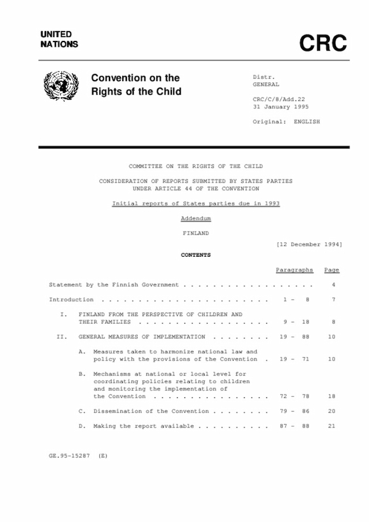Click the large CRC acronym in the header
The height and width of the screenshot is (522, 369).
(323, 43)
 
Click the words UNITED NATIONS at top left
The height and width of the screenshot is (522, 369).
(59, 39)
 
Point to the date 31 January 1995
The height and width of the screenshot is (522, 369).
(281, 107)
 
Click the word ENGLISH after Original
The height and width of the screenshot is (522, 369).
(307, 122)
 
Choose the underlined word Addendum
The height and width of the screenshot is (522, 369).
(195, 219)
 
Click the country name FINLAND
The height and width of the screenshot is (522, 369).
(195, 233)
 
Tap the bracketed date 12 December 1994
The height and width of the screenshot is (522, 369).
(309, 244)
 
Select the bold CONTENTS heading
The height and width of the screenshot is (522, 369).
(195, 255)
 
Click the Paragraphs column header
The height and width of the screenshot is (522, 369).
(294, 270)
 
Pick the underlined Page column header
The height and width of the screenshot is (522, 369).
(332, 270)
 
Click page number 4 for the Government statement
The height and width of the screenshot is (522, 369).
(333, 285)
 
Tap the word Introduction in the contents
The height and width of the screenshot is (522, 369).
(71, 300)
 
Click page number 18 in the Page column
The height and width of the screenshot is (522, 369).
(332, 396)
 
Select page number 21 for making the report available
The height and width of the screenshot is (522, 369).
(332, 426)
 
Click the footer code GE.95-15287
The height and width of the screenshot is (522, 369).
(69, 456)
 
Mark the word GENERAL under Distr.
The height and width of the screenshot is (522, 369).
(266, 84)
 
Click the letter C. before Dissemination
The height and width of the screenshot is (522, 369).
(82, 411)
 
